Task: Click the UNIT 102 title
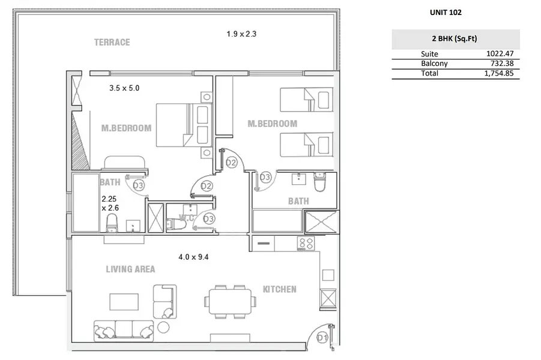446,13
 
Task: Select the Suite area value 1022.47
500,53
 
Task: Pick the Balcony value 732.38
502,63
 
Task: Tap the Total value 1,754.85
499,73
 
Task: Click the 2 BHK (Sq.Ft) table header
455,38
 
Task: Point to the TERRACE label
112,43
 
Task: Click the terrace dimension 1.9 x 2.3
241,34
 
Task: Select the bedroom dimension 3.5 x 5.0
124,88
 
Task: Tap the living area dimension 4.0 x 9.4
193,257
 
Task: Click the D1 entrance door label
322,338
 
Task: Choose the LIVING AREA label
130,269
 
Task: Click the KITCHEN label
279,289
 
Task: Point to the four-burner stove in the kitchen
306,244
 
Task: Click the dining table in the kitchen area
231,301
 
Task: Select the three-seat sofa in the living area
124,331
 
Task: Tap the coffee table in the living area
124,302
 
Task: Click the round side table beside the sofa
163,327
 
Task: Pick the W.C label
186,218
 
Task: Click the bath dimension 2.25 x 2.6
110,203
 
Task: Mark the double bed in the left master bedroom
184,125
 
